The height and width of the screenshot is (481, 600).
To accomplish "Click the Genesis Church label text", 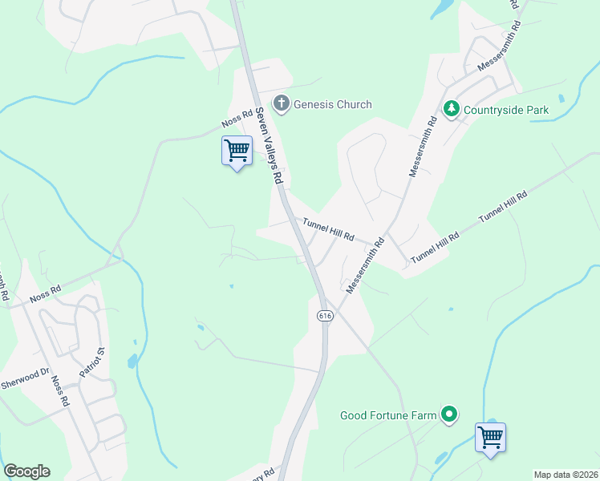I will coord(332,104).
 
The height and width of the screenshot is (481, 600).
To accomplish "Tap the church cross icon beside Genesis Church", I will coord(281,103).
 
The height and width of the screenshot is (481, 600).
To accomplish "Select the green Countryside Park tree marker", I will coord(452,108).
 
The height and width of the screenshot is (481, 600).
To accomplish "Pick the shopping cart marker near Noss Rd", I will coord(237,150).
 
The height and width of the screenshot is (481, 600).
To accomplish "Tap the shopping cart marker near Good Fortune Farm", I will coord(490,438).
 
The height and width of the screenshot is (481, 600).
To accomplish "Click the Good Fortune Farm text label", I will coord(388,415).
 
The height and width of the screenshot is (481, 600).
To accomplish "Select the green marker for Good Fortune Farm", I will coord(450,414).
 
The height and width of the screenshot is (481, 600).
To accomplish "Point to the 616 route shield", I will coord(325,316).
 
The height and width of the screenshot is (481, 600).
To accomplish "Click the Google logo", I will coord(26,471).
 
